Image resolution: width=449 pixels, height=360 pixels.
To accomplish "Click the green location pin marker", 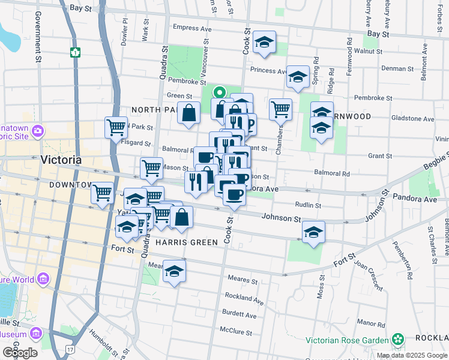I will tap(220, 93).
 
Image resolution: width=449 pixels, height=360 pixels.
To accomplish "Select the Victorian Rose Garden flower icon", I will tap(397, 339).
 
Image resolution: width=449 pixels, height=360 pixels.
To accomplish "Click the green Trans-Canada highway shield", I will tap(74, 52).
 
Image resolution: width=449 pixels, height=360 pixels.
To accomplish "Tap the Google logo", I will tap(19, 352).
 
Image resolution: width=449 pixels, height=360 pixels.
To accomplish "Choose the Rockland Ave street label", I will tap(244, 298).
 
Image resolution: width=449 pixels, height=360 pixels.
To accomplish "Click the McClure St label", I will tap(238, 330).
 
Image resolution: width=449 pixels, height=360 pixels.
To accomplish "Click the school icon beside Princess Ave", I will tap(264, 43).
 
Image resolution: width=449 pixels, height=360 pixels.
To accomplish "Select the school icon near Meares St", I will tap(174, 272).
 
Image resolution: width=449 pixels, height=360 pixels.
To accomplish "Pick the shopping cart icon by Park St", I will tap(116, 127).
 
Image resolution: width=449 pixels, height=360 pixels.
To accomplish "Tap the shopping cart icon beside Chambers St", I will tap(280, 110).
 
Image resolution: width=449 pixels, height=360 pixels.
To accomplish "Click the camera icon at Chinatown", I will tap(37, 130).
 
